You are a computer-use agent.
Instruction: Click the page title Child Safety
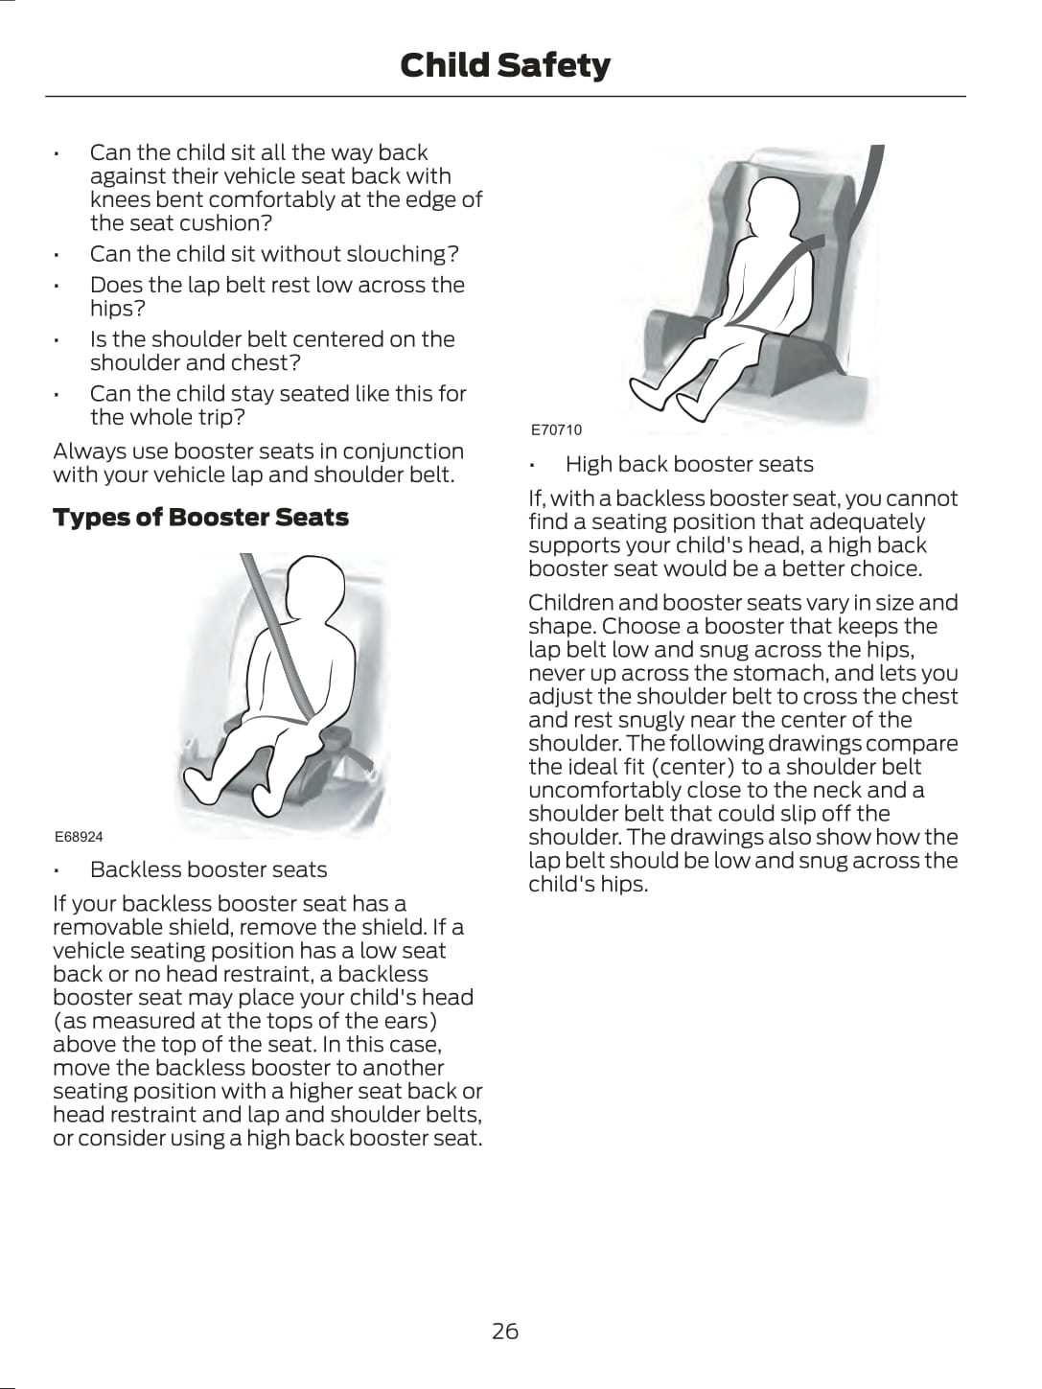(504, 65)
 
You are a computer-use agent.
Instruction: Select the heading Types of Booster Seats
(200, 518)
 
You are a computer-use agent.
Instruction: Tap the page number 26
(505, 1331)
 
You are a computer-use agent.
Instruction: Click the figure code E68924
(79, 837)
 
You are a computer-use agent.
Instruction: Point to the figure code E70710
(556, 429)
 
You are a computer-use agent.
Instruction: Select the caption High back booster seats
(688, 465)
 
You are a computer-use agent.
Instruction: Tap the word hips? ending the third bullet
(117, 309)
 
